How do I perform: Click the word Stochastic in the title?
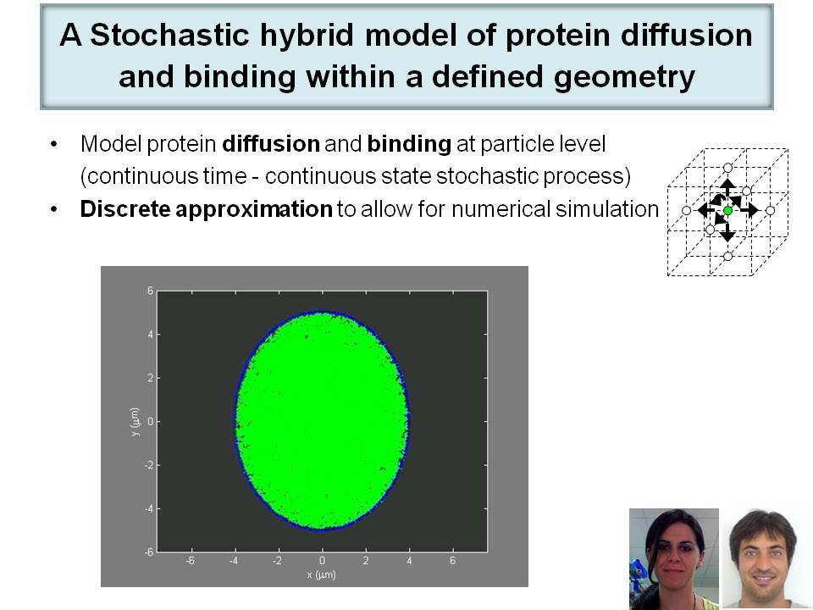170,35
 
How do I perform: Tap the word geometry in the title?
624,77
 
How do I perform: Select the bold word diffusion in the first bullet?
271,144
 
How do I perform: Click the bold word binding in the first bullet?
409,144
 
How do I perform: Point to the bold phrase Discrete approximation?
207,209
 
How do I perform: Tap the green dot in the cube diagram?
727,211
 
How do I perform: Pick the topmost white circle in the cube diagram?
727,168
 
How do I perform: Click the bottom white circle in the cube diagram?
727,256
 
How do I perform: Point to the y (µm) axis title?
135,422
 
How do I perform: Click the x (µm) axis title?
322,574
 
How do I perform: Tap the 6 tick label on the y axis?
150,291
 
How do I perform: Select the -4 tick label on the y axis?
149,509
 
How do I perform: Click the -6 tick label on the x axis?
191,561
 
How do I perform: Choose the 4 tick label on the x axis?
409,561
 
